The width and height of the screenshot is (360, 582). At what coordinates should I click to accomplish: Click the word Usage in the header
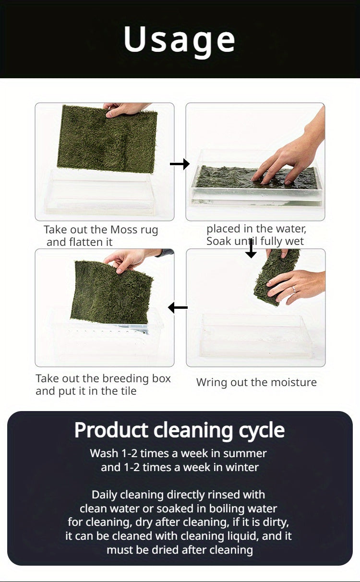pos(180,39)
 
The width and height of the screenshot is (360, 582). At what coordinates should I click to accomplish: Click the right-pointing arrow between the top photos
pos(180,164)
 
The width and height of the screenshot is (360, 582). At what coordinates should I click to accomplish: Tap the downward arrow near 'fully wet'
pos(251,249)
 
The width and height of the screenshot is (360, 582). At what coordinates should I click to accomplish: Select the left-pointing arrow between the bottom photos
pos(178,308)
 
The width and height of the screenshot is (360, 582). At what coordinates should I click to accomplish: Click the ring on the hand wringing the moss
pos(294,289)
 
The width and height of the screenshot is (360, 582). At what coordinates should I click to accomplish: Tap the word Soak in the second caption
pos(219,241)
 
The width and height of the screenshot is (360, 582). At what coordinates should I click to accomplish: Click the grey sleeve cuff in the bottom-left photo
pos(166,253)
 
